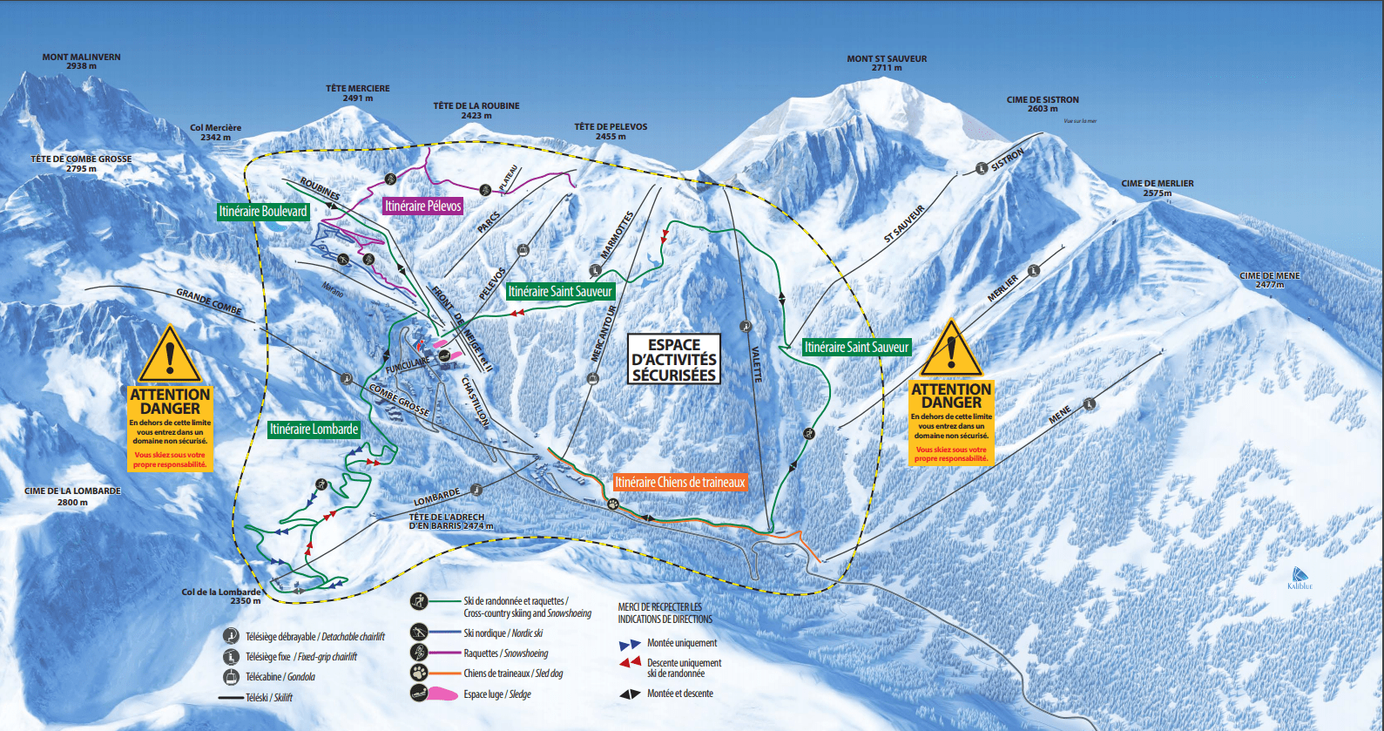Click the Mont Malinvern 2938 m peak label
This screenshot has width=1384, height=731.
pos(81,61)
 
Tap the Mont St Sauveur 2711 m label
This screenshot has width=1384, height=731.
pos(887,63)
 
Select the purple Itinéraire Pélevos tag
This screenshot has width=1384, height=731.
pos(423,206)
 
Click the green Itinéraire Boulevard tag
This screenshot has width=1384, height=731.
pos(263,212)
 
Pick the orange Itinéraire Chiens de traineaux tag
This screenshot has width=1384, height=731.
pos(679,483)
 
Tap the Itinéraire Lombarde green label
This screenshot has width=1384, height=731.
pos(314,430)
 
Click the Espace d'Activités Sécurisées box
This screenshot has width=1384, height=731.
pos(674,360)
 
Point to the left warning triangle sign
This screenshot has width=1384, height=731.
pos(170,356)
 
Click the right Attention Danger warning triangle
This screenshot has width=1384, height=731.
pos(951,349)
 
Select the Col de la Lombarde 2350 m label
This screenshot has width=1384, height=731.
pos(221,596)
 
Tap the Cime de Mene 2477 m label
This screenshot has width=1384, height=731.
pos(1269,280)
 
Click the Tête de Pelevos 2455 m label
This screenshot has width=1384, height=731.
pos(611,132)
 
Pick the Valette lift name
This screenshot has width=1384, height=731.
pos(756,364)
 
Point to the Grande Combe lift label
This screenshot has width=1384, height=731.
pos(209,301)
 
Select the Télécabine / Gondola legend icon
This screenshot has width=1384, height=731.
pos(231,677)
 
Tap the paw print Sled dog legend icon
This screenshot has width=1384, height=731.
pos(419,673)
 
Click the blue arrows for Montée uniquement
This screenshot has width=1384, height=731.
pos(630,645)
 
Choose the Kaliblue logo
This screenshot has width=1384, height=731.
pos(1300,579)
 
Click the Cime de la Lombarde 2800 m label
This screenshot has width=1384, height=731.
pos(72,496)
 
